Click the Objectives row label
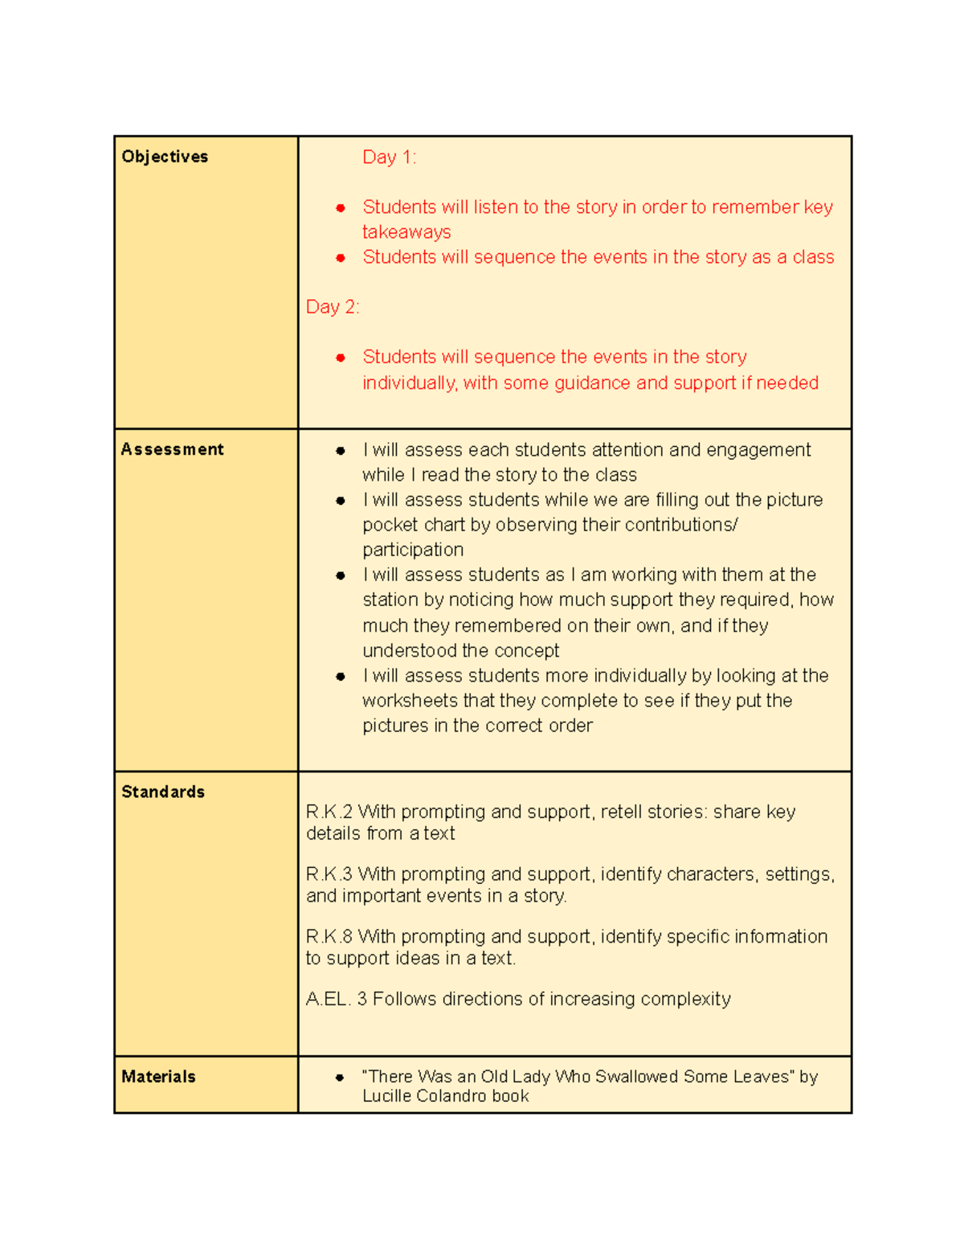165,157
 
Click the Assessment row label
172,449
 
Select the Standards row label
163,792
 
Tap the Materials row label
158,1077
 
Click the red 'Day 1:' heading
389,157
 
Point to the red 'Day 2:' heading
333,307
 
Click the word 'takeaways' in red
406,232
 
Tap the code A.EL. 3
337,999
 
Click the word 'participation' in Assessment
413,550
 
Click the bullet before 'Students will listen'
341,208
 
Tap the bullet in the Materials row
341,1078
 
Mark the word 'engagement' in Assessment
758,450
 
